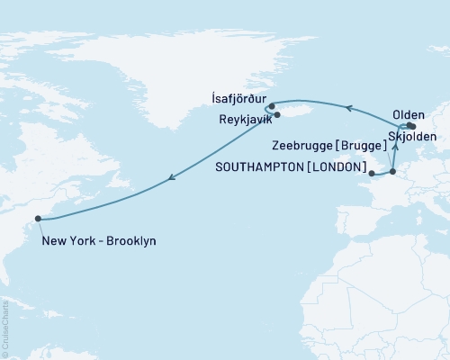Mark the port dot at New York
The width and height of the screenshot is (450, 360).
click(38, 218)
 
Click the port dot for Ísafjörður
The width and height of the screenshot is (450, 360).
click(272, 105)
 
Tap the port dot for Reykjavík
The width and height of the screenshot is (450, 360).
click(277, 114)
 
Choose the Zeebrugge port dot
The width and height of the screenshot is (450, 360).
click(392, 171)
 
